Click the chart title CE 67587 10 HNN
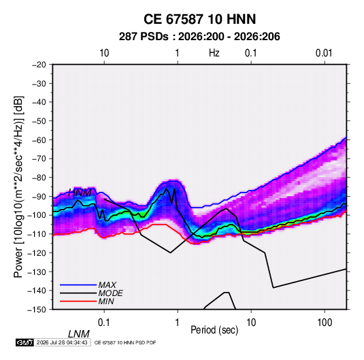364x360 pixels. (199, 19)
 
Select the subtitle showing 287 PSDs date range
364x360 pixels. (199, 37)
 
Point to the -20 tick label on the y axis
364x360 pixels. (39, 65)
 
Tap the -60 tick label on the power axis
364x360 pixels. (39, 140)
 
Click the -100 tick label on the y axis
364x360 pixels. (37, 215)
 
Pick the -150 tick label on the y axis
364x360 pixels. (37, 310)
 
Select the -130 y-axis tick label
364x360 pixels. (37, 272)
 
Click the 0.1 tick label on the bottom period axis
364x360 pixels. (104, 323)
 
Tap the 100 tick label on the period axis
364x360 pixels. (325, 323)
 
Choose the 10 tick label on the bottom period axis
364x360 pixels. (251, 323)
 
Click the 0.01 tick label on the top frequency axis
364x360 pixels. (324, 53)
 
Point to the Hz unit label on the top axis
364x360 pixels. (214, 53)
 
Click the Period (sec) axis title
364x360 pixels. (214, 330)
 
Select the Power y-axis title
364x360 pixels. (18, 186)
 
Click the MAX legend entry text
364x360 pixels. (107, 284)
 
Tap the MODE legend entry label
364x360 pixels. (110, 293)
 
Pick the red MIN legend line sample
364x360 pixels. (78, 301)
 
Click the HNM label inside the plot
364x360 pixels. (80, 193)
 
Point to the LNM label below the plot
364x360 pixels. (78, 334)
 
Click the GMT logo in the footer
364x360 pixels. (24, 342)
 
